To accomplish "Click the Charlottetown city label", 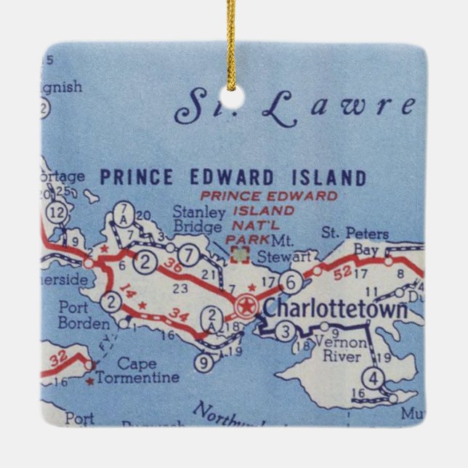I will tap(334, 307).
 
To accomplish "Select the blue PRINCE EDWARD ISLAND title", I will tap(233, 177).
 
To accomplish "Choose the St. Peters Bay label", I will tap(355, 241).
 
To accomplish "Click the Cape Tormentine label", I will tap(147, 371).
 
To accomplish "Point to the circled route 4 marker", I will tap(373, 379).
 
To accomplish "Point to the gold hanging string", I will tap(232, 44).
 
